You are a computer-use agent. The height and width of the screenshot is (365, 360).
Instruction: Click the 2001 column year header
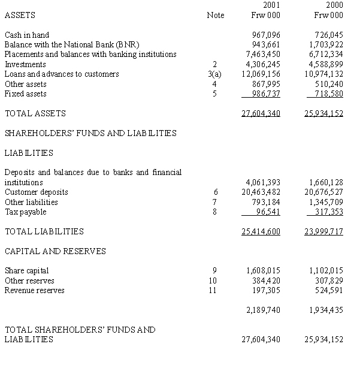(271, 5)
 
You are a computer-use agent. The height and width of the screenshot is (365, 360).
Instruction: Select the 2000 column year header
(335, 5)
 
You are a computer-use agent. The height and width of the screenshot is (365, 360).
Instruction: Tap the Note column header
(215, 15)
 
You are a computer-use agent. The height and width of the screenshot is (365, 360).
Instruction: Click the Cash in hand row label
(27, 35)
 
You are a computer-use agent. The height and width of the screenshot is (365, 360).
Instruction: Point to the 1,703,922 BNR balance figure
(326, 45)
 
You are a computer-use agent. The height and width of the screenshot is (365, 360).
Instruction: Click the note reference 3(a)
(214, 74)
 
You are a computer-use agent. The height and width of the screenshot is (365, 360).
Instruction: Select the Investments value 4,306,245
(264, 65)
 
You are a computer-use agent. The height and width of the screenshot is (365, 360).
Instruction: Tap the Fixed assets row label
(25, 93)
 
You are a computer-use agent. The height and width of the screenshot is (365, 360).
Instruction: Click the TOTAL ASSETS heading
(35, 113)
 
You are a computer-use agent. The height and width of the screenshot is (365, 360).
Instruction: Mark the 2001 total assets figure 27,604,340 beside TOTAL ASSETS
(261, 113)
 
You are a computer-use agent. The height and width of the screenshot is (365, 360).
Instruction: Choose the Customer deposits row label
(36, 192)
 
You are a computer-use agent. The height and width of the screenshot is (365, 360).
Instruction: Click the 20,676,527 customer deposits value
(324, 192)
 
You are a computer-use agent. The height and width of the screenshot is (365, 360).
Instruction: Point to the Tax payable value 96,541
(268, 212)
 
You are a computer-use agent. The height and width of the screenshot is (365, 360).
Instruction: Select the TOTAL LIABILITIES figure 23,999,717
(324, 232)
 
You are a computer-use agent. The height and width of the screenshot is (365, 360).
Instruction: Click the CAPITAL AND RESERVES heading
(55, 251)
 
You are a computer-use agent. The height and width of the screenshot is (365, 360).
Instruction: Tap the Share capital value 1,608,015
(264, 271)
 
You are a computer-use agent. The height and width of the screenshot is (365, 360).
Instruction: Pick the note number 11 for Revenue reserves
(214, 291)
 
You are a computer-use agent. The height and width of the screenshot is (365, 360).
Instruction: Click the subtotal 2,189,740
(264, 310)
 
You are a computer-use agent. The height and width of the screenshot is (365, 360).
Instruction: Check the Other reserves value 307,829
(329, 280)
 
